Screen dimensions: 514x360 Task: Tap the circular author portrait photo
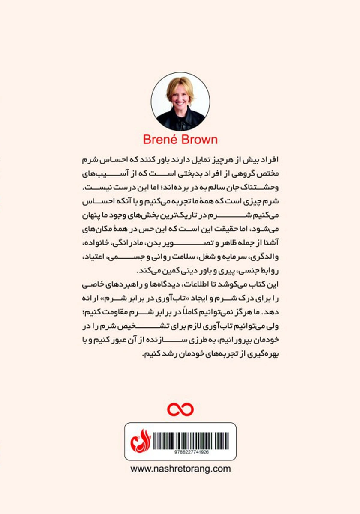click(x=180, y=101)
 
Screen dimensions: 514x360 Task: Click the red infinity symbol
click(x=180, y=409)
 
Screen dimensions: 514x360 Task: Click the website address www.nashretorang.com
click(x=180, y=469)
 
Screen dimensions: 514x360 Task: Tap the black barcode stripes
click(x=189, y=439)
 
